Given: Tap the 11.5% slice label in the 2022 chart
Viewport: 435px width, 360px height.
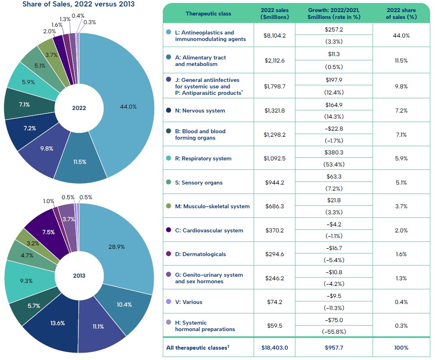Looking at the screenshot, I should pos(80,162).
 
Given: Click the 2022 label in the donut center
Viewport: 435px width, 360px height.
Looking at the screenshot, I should pos(79,108).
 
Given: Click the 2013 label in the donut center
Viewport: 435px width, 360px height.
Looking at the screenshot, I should pos(79,275).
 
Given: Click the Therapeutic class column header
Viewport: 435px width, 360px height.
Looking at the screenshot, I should pos(208,13).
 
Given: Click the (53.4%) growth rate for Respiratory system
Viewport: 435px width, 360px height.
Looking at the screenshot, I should pos(334,164).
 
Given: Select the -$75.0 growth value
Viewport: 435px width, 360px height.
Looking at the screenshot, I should pos(334,319).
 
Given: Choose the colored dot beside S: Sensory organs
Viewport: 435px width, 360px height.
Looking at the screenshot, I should pos(169,182).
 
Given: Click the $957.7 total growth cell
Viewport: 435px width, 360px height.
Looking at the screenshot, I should pos(334,347).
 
